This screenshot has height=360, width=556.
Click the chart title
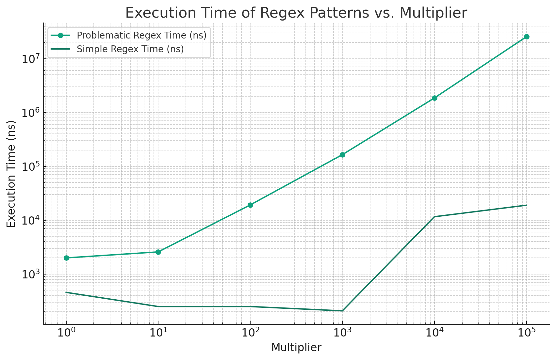coord(296,13)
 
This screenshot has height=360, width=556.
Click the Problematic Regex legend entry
coord(141,35)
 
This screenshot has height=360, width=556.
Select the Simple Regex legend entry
coord(130,49)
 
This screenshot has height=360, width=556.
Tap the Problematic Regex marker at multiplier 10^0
coord(66,258)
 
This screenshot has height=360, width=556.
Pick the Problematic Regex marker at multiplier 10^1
coord(158,252)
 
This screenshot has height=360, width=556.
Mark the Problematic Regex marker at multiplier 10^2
coord(250,205)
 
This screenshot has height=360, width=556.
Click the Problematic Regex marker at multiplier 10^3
coord(342,155)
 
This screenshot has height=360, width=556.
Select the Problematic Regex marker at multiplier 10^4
coord(434,98)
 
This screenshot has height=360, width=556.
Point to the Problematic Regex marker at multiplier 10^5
coord(527,37)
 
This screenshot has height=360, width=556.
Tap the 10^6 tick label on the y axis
coord(30,113)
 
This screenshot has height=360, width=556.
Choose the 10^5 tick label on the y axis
coord(30,167)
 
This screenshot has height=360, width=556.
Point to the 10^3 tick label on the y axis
coord(30,275)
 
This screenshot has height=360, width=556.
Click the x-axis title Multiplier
coord(296,348)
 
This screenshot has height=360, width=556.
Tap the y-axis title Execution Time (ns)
coord(11,174)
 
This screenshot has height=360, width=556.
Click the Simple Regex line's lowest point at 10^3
coord(342,311)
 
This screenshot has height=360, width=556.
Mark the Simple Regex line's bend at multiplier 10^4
coord(434,217)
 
